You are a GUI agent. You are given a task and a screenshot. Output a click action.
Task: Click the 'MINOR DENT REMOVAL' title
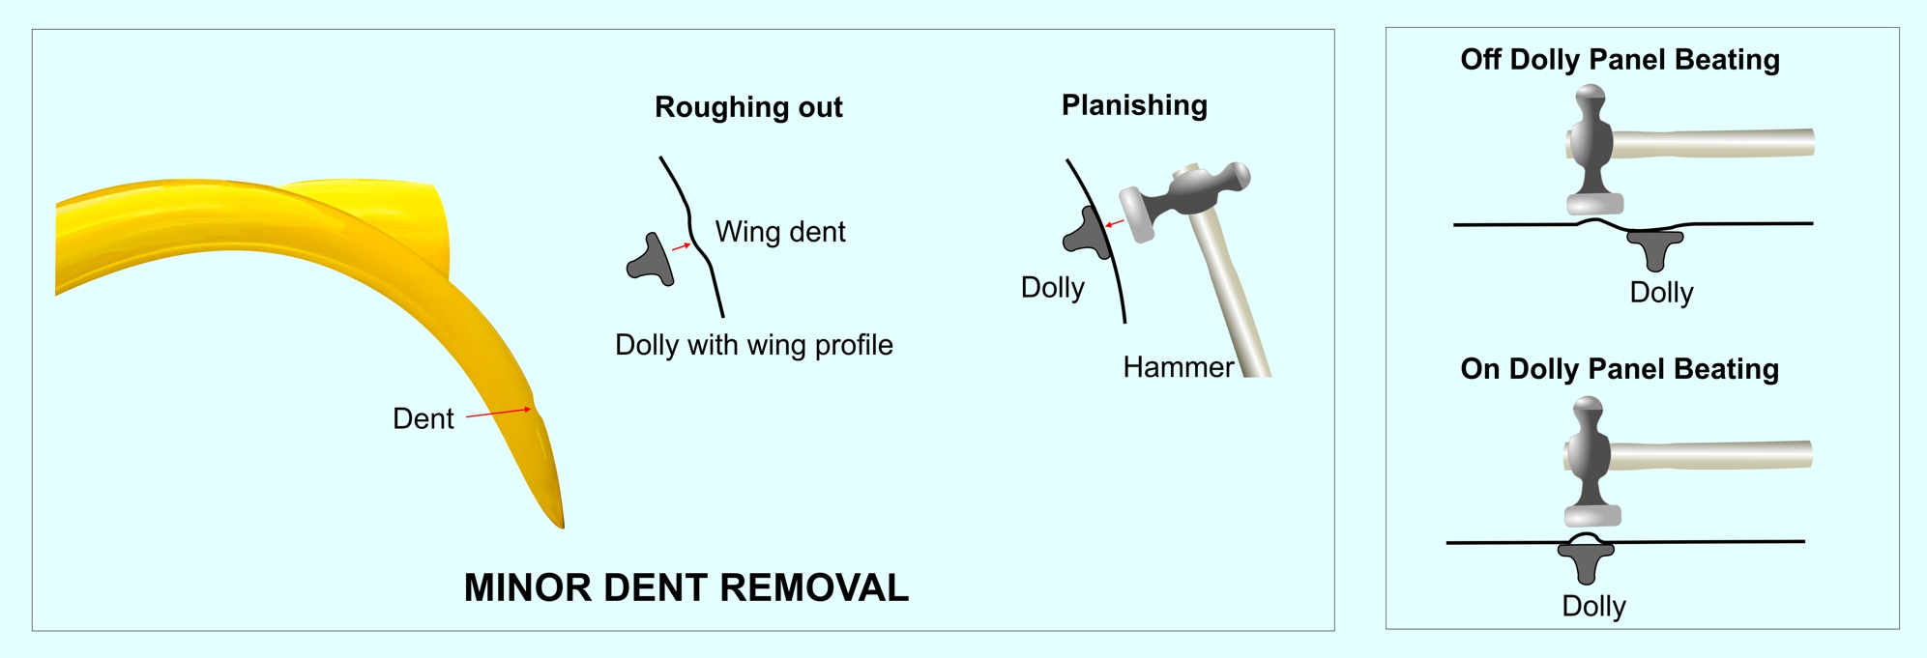point(686,587)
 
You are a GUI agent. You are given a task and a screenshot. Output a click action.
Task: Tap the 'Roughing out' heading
point(748,107)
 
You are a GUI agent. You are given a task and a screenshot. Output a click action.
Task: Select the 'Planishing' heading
point(1134,105)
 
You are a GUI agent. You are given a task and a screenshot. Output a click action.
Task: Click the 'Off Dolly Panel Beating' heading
point(1620,60)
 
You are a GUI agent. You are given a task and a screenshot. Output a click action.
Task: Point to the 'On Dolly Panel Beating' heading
point(1620,369)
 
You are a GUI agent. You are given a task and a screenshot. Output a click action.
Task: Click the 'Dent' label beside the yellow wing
point(423,418)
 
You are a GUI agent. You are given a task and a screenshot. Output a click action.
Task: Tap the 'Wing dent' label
point(780,232)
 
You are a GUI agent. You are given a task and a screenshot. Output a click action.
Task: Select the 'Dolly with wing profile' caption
point(754,345)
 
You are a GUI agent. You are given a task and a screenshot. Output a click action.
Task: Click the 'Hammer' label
point(1178,367)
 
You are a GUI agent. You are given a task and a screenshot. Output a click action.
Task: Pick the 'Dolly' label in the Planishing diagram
point(1052,288)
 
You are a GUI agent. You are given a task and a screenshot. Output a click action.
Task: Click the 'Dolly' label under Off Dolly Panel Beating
point(1661,292)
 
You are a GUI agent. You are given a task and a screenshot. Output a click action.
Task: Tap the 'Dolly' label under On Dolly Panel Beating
point(1593,606)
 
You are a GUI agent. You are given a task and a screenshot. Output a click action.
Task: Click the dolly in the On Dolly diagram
point(1586,560)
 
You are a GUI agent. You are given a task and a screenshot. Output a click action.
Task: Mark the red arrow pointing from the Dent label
point(499,413)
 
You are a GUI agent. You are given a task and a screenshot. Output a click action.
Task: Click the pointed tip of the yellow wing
point(562,526)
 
